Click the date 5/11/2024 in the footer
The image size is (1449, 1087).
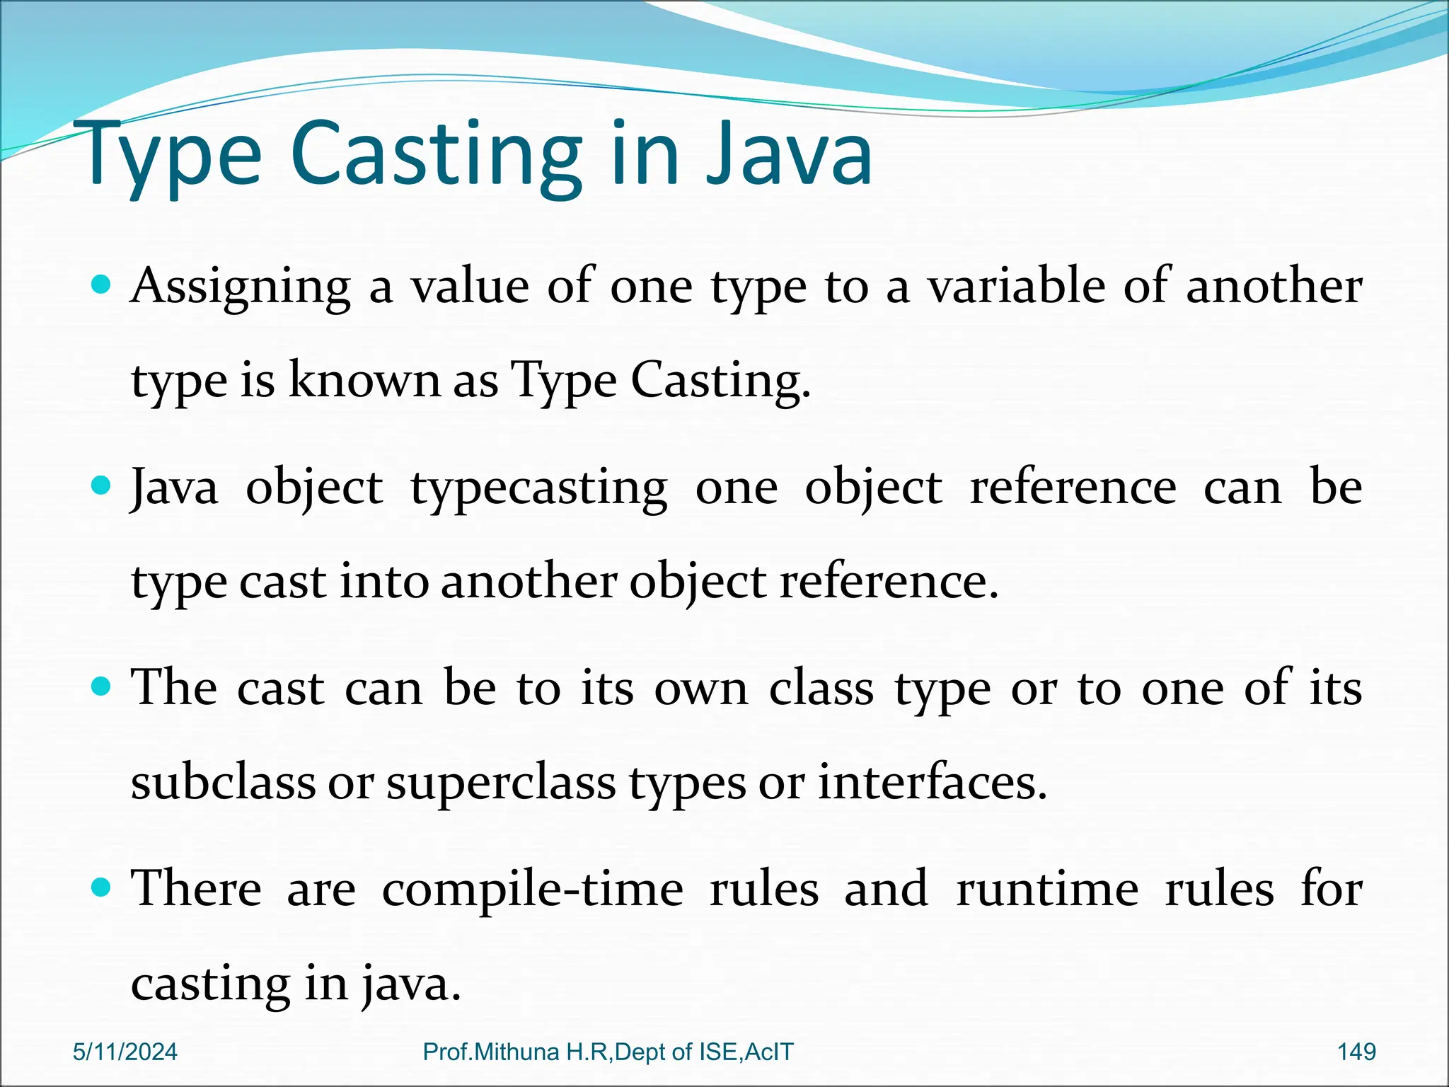tap(125, 1052)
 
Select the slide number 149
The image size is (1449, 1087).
tap(1356, 1052)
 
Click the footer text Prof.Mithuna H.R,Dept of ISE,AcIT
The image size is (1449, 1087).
tap(608, 1052)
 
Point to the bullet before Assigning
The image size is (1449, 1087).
tap(102, 285)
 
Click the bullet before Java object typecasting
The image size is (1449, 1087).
tap(102, 486)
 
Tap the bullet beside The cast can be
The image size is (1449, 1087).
tap(102, 686)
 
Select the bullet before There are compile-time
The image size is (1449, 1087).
tap(102, 887)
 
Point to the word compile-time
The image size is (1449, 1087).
tap(533, 890)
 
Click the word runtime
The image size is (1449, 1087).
tap(1047, 889)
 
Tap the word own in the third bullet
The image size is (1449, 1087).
tap(700, 689)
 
